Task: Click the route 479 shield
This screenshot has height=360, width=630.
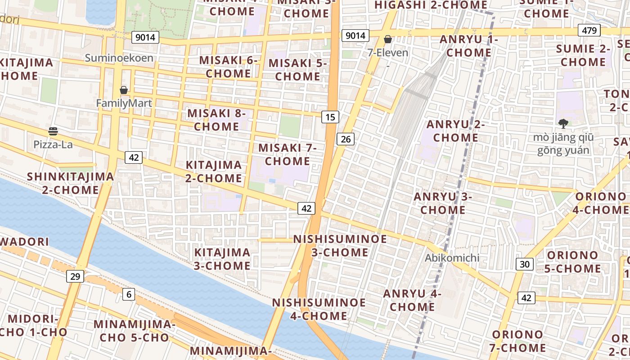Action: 589,31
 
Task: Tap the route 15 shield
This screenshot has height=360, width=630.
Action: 330,117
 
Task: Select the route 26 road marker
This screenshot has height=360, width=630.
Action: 346,139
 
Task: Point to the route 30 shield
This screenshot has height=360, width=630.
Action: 525,264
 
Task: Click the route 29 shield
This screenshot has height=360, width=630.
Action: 75,276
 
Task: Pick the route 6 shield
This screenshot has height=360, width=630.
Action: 129,294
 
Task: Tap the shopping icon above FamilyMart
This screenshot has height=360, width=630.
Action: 124,90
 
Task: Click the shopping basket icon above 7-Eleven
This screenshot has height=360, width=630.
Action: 388,40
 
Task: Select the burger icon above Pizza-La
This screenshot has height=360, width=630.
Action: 53,131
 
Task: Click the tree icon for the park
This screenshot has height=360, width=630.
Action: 563,123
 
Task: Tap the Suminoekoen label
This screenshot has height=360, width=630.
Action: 119,58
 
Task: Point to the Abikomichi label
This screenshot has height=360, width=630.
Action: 452,258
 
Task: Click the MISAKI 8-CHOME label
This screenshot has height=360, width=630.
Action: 216,120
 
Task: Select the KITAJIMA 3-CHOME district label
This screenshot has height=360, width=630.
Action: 222,259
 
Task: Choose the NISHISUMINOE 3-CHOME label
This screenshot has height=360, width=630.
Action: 340,245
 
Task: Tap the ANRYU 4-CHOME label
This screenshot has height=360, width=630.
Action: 412,300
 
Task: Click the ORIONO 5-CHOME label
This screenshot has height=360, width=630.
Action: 574,262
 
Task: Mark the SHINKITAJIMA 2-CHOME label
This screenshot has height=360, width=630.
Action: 70,183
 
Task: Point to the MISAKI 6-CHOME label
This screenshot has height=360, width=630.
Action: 229,67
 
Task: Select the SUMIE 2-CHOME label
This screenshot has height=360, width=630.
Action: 583,55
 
